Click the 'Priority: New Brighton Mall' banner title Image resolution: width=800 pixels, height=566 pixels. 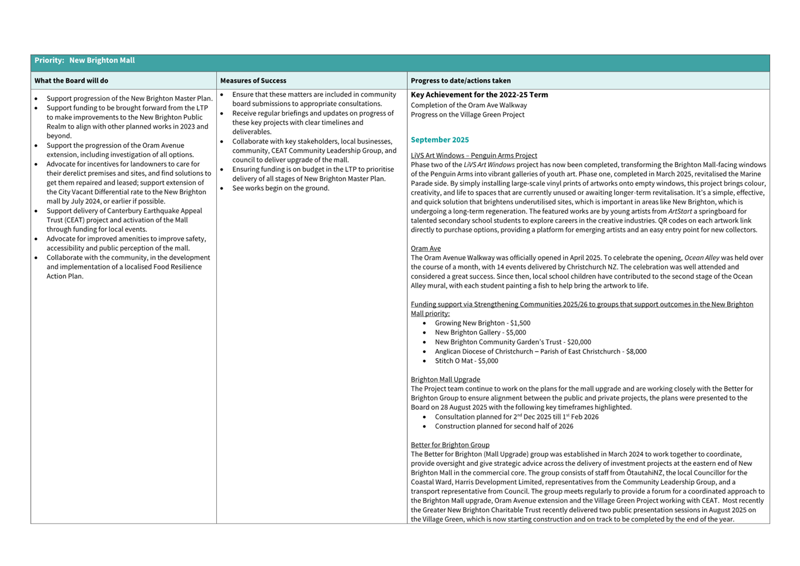85,61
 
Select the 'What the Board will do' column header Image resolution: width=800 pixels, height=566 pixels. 71,81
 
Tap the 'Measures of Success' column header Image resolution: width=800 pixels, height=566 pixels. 253,81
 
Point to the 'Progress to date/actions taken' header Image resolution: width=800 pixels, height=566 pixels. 461,81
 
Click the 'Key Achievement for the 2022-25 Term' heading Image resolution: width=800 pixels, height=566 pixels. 479,95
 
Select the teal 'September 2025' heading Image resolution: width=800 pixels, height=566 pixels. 439,140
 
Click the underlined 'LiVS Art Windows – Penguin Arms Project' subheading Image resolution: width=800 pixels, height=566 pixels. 474,155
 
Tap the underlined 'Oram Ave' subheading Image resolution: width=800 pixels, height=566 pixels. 426,248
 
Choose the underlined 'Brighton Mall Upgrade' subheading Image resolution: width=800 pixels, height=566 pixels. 445,379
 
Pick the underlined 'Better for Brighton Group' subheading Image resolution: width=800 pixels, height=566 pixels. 450,445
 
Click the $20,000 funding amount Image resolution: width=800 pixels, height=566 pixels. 579,342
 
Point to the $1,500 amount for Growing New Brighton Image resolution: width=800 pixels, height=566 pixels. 520,323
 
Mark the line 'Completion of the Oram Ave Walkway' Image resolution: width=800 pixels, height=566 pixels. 469,105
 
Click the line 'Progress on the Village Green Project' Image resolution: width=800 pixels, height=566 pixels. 468,114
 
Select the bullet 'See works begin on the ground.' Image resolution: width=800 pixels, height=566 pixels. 280,188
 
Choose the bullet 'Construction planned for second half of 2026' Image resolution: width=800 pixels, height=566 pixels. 504,426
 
